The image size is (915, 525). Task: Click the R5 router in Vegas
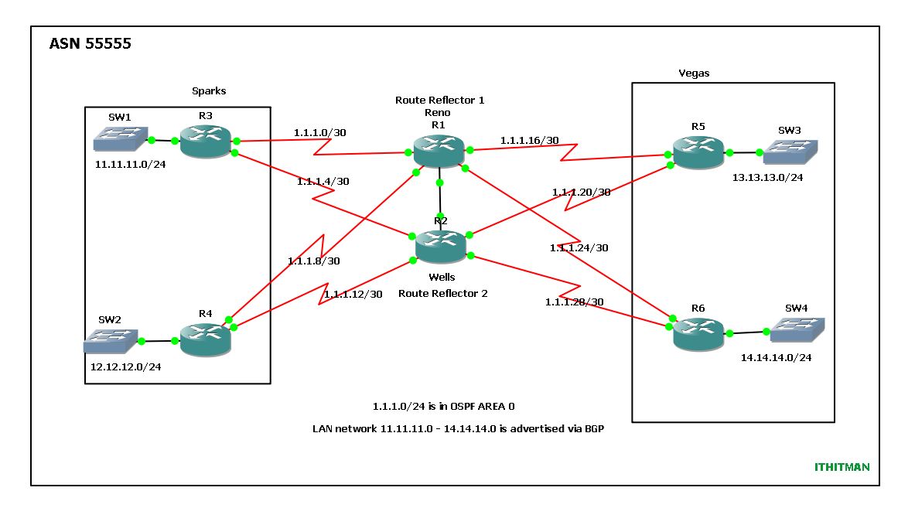[x=697, y=152]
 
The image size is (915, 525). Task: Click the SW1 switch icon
[x=119, y=139]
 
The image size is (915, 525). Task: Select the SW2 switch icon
[x=110, y=339]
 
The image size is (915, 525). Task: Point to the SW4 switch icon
[x=795, y=330]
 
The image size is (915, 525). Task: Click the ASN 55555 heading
[x=90, y=45]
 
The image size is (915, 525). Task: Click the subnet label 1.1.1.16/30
[x=529, y=141]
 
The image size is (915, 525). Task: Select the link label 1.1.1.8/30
[x=313, y=261]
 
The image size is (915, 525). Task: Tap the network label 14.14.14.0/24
[x=776, y=358]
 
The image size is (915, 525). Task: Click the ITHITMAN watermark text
[x=842, y=467]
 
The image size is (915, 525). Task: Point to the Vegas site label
[x=693, y=73]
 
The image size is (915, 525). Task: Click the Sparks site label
[x=209, y=91]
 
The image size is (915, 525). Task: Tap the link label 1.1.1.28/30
[x=574, y=302]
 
